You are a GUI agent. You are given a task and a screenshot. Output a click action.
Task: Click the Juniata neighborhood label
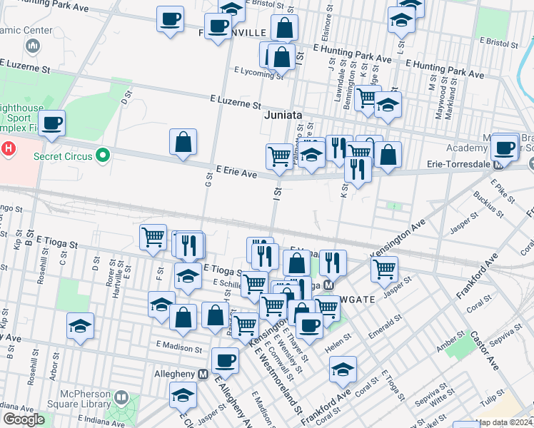[x=283, y=114]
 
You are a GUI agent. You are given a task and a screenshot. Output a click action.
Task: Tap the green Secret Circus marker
[x=103, y=154]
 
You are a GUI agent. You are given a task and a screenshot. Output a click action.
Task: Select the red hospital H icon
[x=8, y=149]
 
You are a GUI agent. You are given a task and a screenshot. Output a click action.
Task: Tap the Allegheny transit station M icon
[x=203, y=374]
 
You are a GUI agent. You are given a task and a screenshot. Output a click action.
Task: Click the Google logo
[x=24, y=419]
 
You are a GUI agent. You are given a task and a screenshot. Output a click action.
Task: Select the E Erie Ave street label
[x=236, y=173]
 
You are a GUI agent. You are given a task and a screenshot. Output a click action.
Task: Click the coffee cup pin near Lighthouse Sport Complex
[x=52, y=123]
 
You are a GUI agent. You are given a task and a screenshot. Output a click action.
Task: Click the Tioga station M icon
[x=329, y=285]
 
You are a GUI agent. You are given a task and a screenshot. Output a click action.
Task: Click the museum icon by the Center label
[x=32, y=46]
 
